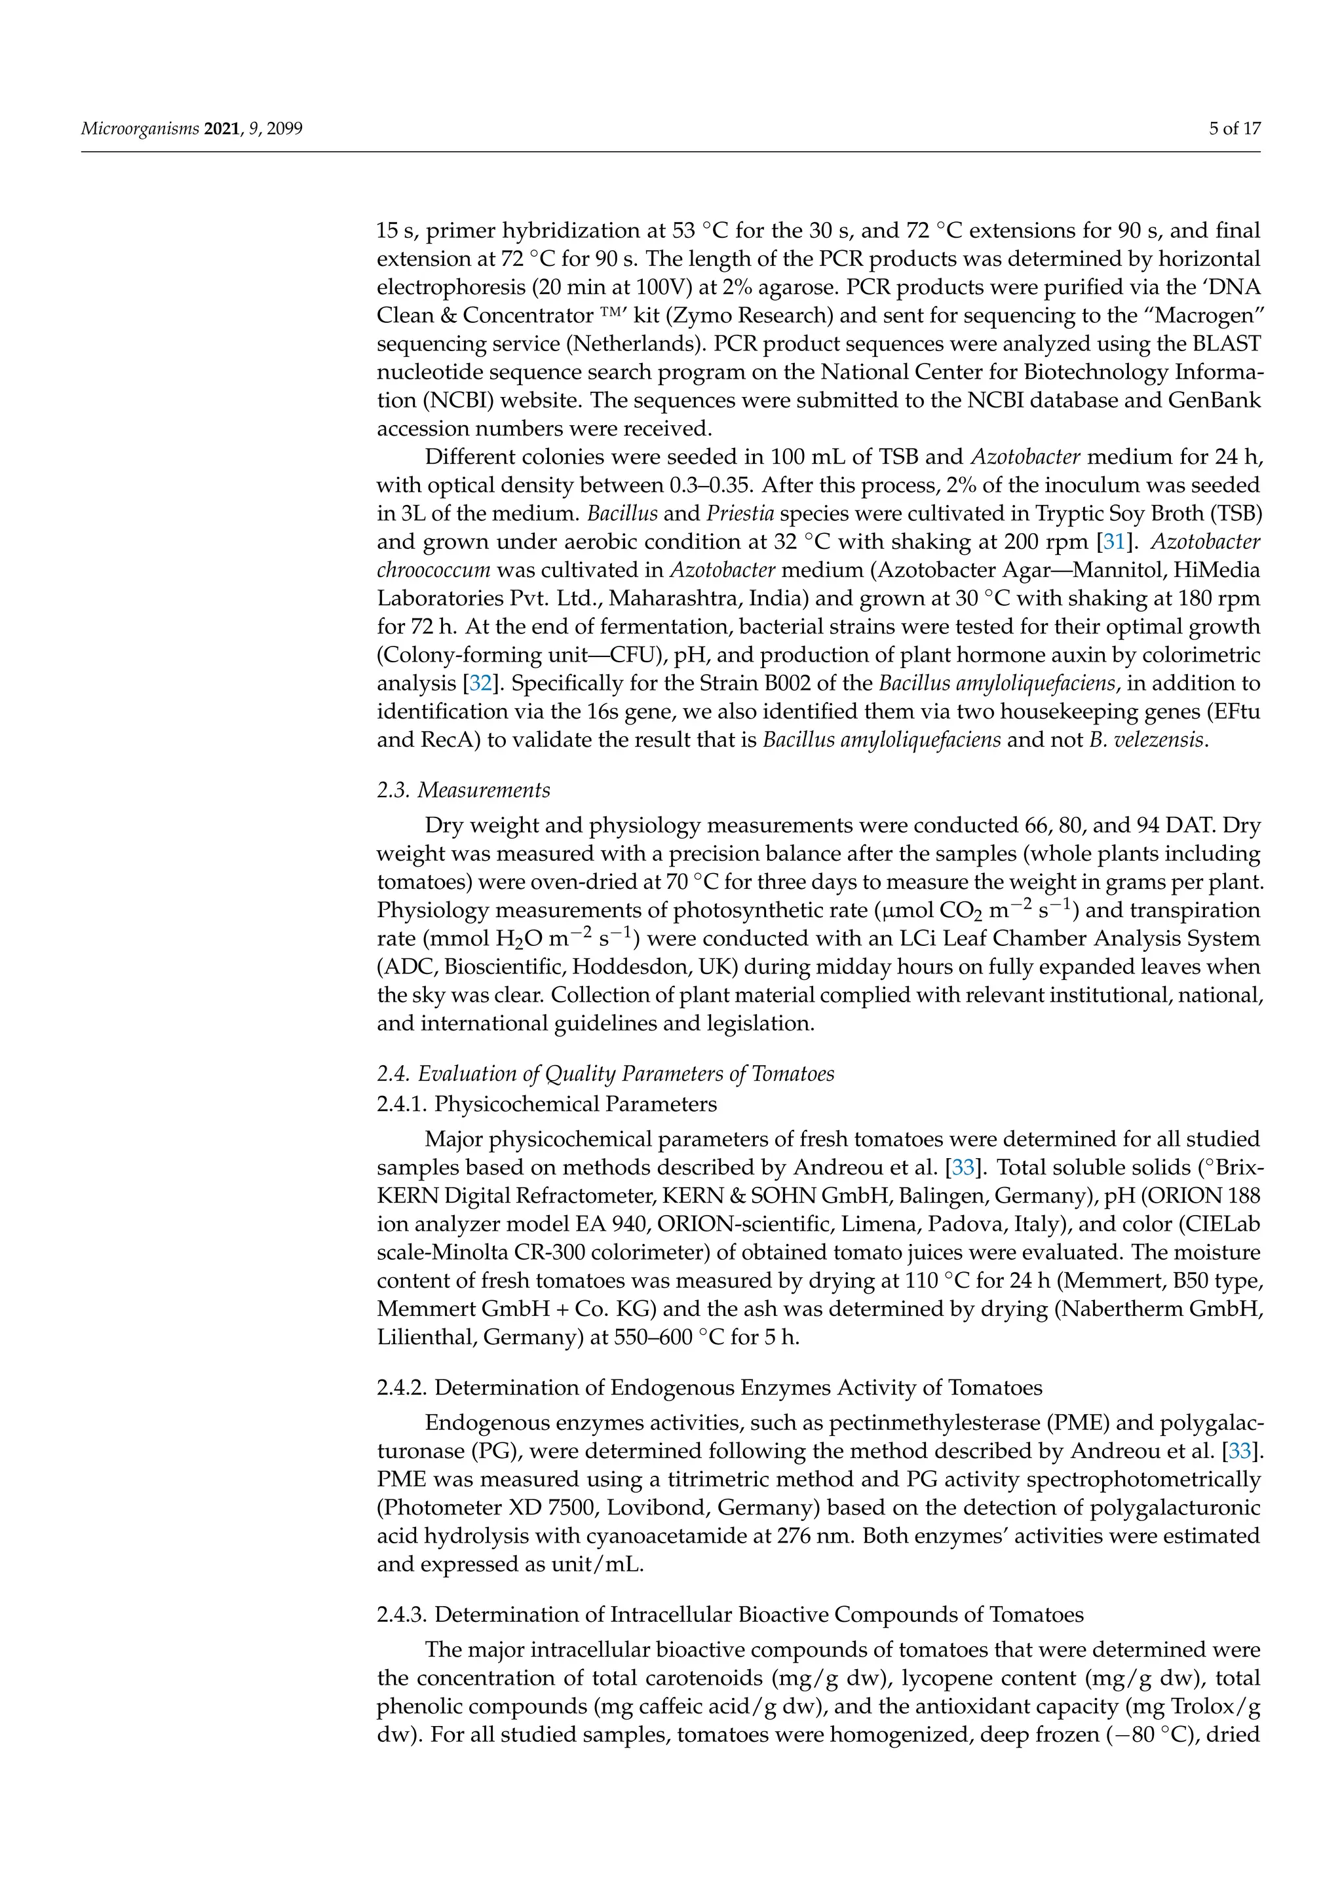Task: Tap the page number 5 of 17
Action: [x=1235, y=129]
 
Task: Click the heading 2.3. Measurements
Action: [x=463, y=790]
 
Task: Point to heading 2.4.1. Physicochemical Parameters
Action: [x=547, y=1104]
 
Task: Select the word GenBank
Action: [x=1214, y=401]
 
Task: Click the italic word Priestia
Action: [x=740, y=514]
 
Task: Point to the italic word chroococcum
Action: [x=434, y=570]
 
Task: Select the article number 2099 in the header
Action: [x=284, y=129]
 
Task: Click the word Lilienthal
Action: [x=425, y=1337]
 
